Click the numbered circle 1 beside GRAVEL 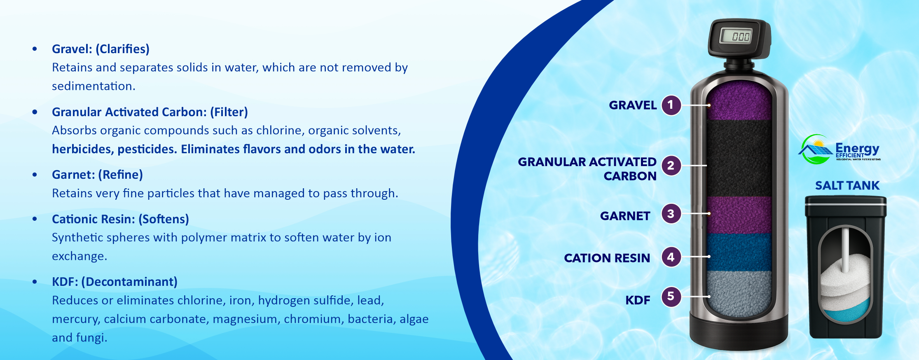coord(671,105)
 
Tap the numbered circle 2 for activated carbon coord(671,166)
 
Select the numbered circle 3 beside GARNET coord(671,214)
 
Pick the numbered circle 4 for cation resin coord(671,257)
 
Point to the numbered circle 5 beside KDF coord(671,297)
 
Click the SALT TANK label coord(847,186)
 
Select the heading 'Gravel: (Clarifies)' coord(101,49)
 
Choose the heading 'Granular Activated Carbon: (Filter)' coord(150,112)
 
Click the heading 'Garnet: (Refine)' coord(97,175)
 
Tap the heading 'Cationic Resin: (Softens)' coord(120,219)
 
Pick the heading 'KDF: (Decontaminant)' coord(115,282)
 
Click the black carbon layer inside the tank coord(739,158)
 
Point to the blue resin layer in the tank coord(739,252)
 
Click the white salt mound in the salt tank coord(845,280)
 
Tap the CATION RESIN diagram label coord(607,258)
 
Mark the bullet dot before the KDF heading coord(35,282)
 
